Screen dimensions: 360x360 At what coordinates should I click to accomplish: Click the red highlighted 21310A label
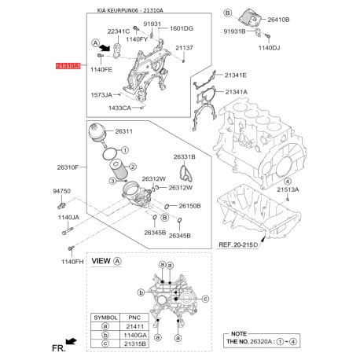[x=67, y=68]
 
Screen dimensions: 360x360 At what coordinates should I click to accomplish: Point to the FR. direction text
[x=53, y=345]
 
